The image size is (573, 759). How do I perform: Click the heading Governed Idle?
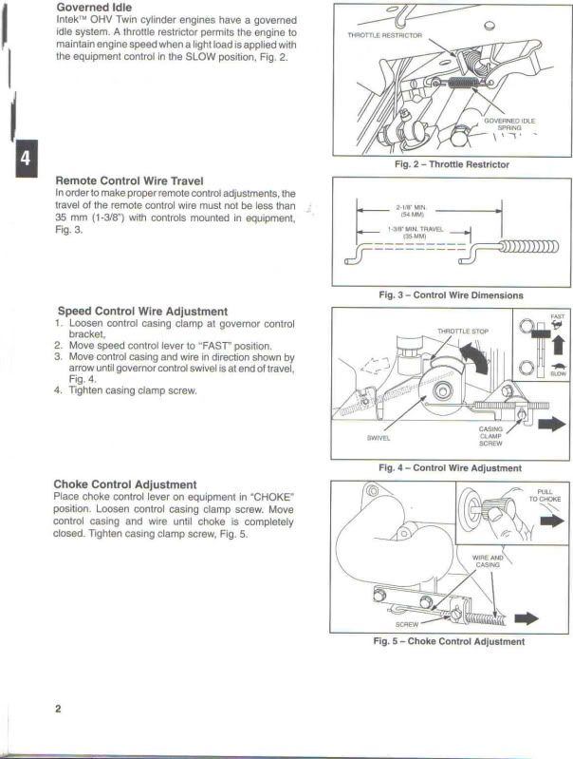[93, 7]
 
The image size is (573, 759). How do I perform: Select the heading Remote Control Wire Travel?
[142, 180]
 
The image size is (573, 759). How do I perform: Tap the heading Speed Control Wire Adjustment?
[142, 311]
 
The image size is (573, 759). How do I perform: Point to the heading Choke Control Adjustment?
[125, 484]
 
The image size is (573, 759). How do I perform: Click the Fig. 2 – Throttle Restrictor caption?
[452, 164]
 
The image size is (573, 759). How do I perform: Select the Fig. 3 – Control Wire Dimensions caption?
[451, 294]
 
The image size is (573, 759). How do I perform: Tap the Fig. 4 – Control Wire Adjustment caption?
[450, 467]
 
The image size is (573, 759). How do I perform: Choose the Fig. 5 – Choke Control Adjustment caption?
[450, 641]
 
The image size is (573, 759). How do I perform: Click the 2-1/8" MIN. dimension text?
[411, 208]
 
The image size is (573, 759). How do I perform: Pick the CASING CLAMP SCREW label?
[490, 436]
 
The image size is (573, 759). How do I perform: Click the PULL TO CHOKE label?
[545, 495]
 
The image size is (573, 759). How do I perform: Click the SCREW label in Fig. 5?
[406, 624]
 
